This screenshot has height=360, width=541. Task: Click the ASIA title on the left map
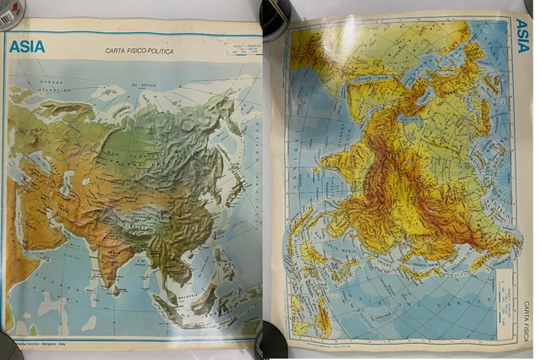pyautogui.click(x=27, y=47)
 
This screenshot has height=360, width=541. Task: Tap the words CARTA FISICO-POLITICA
pyautogui.click(x=140, y=52)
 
